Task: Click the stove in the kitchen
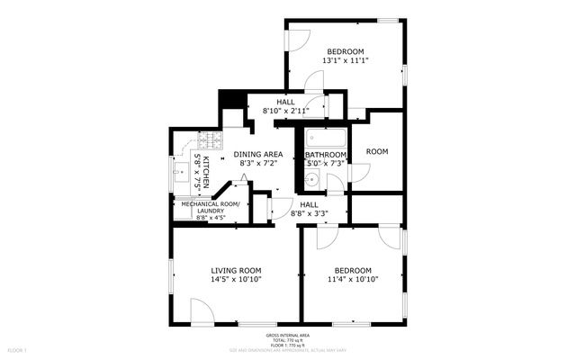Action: [x=210, y=140]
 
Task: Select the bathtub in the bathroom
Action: [x=325, y=139]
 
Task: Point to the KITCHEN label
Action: [x=206, y=171]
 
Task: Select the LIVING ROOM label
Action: [x=236, y=270]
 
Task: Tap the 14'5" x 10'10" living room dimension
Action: [x=236, y=280]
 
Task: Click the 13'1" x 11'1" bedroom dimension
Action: [x=346, y=60]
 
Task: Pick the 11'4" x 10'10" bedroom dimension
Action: [x=354, y=280]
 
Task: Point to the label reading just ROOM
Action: [x=377, y=151]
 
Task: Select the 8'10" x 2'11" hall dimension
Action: [x=285, y=111]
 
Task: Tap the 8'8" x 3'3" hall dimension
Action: [x=308, y=214]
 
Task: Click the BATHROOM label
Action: [x=326, y=155]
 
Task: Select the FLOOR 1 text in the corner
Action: [x=18, y=348]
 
